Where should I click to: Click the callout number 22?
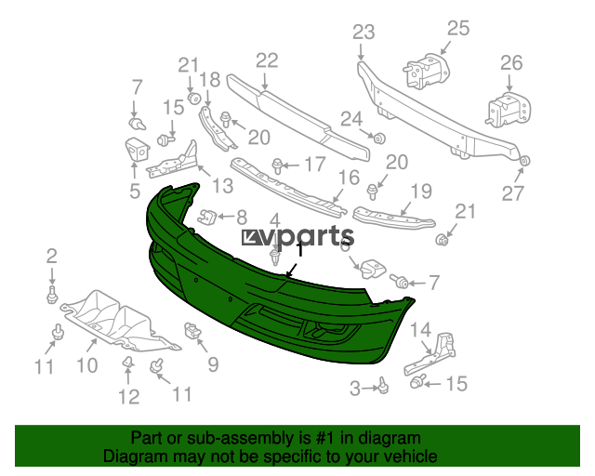tap(267, 60)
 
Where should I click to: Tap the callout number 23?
tap(364, 33)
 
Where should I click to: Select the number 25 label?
tap(458, 29)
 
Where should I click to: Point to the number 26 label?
tap(511, 62)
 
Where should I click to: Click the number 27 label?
tap(512, 193)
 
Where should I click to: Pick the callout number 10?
tap(87, 365)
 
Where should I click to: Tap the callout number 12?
tap(129, 397)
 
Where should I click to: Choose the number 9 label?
tap(213, 364)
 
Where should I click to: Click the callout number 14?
tap(421, 330)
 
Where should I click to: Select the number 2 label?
tap(52, 256)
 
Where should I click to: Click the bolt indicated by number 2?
tap(52, 295)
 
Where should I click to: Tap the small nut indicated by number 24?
tap(379, 139)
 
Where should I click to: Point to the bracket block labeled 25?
tap(426, 72)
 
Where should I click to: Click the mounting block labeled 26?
tap(509, 109)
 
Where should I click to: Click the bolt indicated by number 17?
tap(277, 165)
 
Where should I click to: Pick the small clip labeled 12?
tap(128, 363)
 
